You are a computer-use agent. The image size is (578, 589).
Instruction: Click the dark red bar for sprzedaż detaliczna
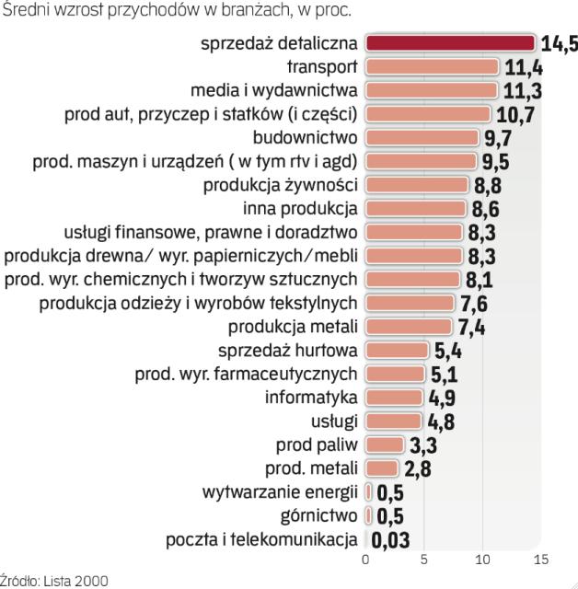[x=450, y=42]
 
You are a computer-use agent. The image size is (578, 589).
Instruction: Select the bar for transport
[x=432, y=66]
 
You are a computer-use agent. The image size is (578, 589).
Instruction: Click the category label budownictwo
[x=313, y=137]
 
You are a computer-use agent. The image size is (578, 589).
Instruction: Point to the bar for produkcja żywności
[x=416, y=185]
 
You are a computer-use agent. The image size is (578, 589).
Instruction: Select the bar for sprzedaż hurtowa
[x=397, y=350]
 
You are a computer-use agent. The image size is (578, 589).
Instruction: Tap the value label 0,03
[x=390, y=539]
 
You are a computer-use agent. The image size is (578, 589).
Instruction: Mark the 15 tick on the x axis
[x=540, y=559]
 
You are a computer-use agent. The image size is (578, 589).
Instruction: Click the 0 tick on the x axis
[x=366, y=559]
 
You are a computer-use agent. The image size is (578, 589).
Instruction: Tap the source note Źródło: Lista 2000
[x=53, y=580]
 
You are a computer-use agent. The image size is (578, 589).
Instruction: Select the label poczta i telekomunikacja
[x=261, y=539]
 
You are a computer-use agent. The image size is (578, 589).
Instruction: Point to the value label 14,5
[x=559, y=43]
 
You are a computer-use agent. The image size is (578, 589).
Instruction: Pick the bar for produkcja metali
[x=409, y=327]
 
